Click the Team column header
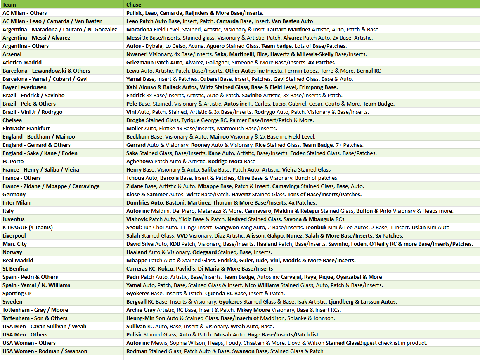(9, 5)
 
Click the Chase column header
(134, 5)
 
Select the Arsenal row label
(12, 54)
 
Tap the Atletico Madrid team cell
(22, 62)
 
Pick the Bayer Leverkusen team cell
(24, 87)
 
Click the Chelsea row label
(12, 120)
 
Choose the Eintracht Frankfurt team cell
(26, 128)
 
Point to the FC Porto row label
(13, 161)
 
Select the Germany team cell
(14, 194)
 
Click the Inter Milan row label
(17, 202)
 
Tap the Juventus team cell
(14, 219)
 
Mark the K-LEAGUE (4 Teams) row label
(28, 227)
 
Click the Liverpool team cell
(14, 235)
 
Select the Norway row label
(12, 252)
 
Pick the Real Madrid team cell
(17, 260)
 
